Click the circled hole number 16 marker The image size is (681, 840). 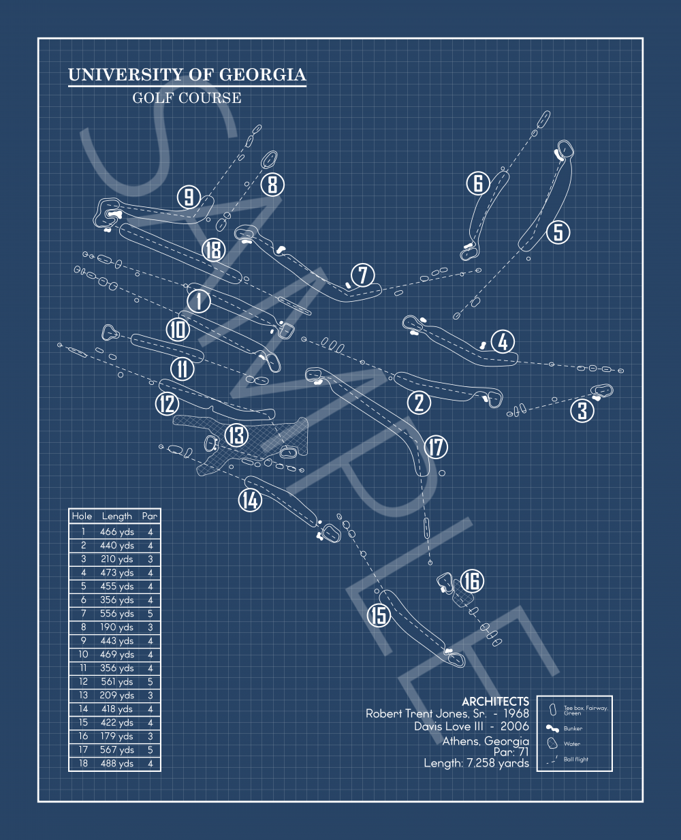(472, 581)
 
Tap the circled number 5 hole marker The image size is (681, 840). (558, 232)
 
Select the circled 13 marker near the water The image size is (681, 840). (236, 435)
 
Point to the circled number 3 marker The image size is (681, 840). (582, 410)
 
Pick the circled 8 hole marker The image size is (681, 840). (272, 184)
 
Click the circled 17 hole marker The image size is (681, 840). (436, 448)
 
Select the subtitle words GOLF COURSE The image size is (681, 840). (187, 98)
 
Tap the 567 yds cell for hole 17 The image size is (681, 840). (117, 750)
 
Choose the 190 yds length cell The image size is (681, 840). (117, 627)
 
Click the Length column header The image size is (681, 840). (116, 516)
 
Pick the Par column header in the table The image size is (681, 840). (150, 516)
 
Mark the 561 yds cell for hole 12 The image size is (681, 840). (117, 682)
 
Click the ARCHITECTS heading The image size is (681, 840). (495, 702)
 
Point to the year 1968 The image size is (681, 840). (516, 714)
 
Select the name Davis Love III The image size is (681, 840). (445, 727)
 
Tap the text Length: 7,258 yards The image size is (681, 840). (476, 764)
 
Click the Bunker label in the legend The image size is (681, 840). (573, 728)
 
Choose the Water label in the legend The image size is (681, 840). (572, 744)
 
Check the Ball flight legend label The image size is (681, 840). (576, 759)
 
